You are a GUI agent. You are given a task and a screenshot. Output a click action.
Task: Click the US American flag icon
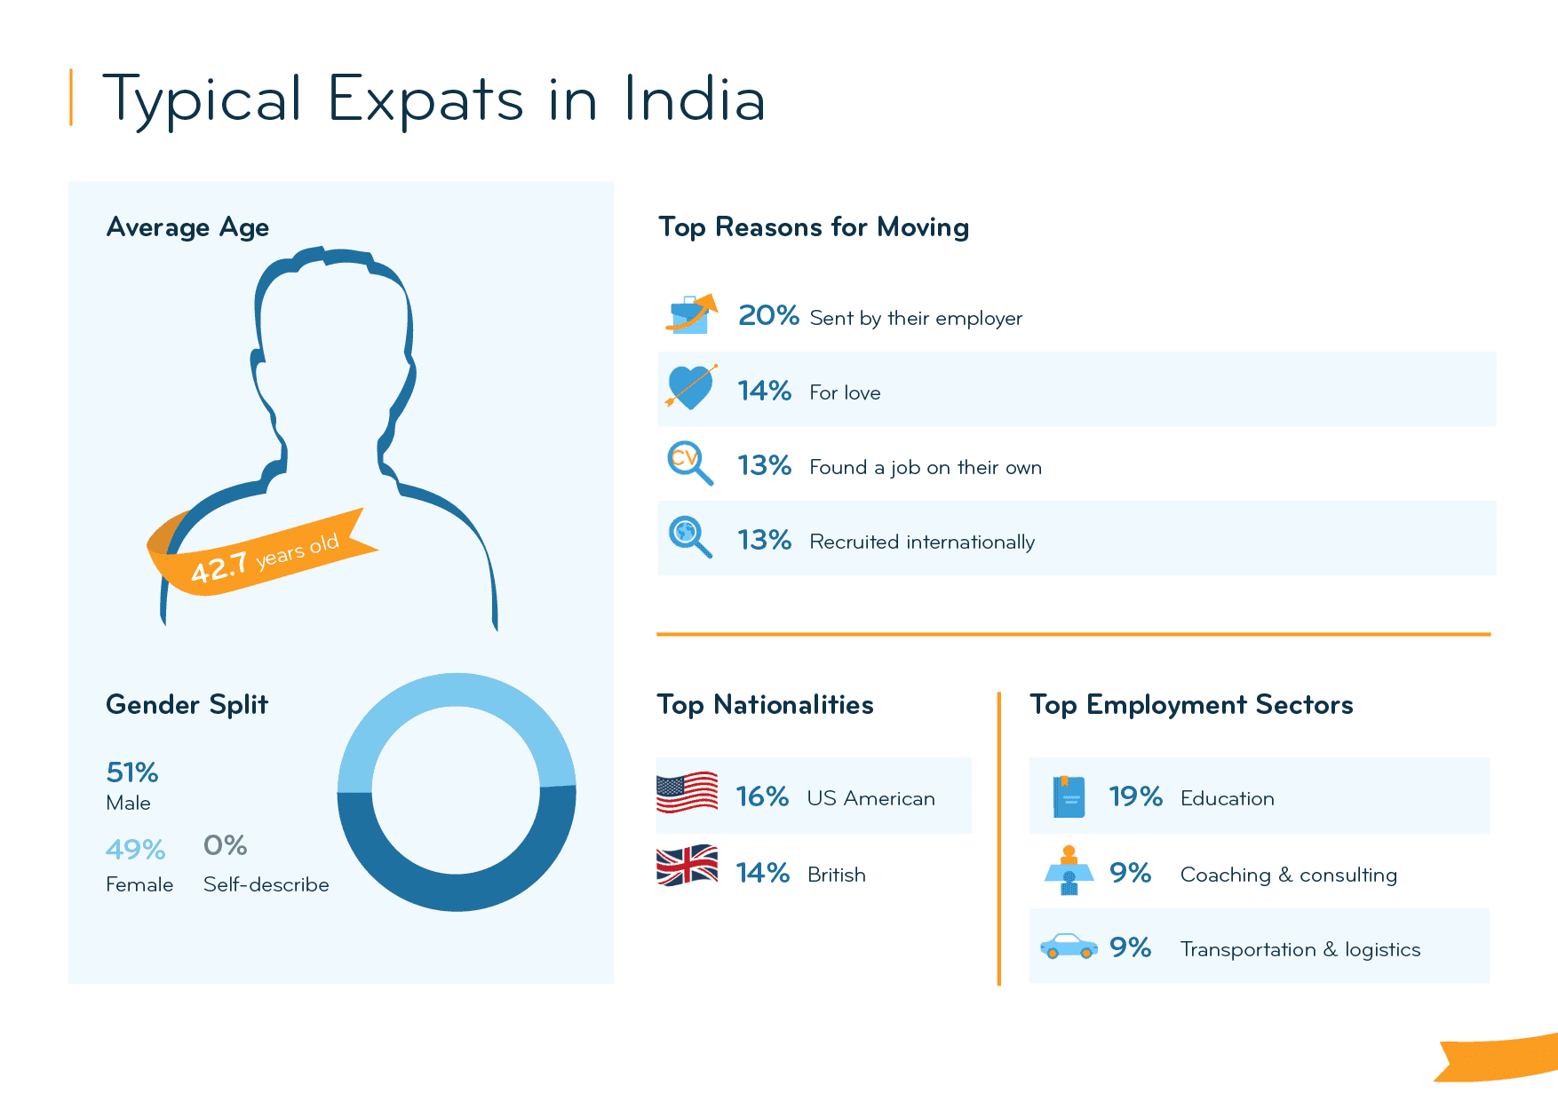point(687,792)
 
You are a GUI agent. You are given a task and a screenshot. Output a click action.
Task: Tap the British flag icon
point(687,865)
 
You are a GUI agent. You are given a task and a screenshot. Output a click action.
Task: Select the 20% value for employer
point(768,315)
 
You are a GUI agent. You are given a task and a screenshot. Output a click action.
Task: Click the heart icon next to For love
point(690,387)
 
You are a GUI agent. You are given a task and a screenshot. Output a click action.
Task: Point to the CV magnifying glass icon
point(689,463)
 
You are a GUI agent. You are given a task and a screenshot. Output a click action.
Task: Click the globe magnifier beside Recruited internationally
point(689,536)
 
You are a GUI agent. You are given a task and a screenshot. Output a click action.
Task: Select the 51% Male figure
point(132,772)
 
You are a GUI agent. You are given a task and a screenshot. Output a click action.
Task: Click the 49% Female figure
point(135,850)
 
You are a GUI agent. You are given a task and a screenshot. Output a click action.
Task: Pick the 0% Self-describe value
point(225,845)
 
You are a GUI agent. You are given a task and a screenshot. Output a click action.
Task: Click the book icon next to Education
point(1069,796)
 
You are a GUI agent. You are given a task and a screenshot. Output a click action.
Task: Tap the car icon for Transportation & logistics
point(1069,947)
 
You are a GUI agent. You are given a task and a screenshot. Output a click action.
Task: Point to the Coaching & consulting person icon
point(1069,870)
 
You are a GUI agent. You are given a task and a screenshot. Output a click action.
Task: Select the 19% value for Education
point(1135,796)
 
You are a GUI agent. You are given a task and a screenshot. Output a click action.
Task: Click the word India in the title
point(694,99)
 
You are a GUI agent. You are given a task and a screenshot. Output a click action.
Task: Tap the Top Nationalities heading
point(765,705)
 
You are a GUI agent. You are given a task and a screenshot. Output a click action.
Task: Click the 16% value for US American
point(762,796)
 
